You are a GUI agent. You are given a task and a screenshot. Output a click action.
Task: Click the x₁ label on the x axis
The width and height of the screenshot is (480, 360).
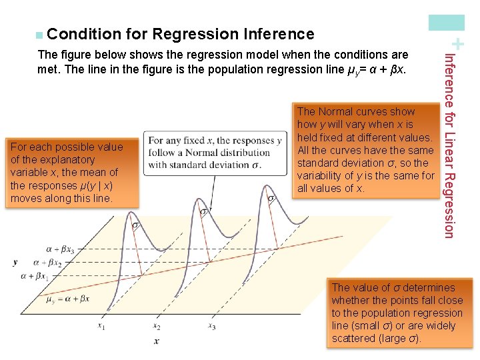[101, 326]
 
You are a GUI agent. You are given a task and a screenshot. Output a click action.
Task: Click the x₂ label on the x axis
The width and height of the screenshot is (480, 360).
[157, 326]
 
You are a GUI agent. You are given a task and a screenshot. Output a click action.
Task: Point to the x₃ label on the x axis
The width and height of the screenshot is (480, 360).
[212, 326]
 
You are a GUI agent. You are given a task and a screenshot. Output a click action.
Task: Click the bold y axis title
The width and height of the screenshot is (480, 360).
[15, 263]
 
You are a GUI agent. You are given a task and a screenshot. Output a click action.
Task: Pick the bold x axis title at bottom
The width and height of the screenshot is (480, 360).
[157, 341]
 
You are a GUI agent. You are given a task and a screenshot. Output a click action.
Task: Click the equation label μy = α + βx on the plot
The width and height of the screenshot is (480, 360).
[68, 299]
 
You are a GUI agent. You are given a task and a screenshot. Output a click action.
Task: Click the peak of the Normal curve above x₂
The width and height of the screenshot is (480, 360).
[198, 199]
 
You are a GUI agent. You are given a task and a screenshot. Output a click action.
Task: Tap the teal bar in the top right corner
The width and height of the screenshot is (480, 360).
[455, 22]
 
